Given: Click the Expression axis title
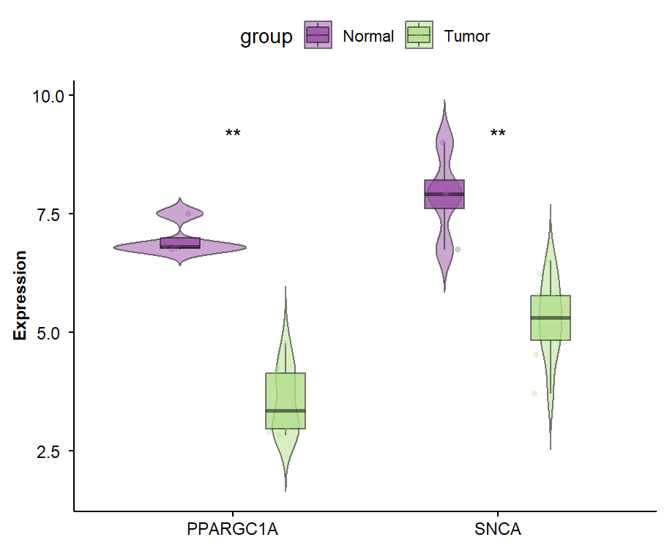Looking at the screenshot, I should pyautogui.click(x=21, y=296).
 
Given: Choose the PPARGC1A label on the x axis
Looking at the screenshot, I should pyautogui.click(x=232, y=529).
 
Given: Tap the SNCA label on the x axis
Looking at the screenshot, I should pyautogui.click(x=497, y=529).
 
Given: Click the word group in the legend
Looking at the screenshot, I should pyautogui.click(x=267, y=37).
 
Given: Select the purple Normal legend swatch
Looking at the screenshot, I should pyautogui.click(x=318, y=36).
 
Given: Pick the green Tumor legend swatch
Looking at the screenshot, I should pyautogui.click(x=419, y=36).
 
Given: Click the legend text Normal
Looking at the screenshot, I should pyautogui.click(x=368, y=37).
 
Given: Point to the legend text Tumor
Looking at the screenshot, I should pyautogui.click(x=467, y=37).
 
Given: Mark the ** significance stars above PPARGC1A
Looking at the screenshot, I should pyautogui.click(x=233, y=135).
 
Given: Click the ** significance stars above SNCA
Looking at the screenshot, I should pyautogui.click(x=498, y=135).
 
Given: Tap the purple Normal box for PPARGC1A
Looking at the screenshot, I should pyautogui.click(x=180, y=241).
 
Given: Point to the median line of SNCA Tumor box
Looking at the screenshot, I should pyautogui.click(x=551, y=318).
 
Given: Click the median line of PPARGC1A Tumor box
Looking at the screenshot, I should pyautogui.click(x=286, y=410).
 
